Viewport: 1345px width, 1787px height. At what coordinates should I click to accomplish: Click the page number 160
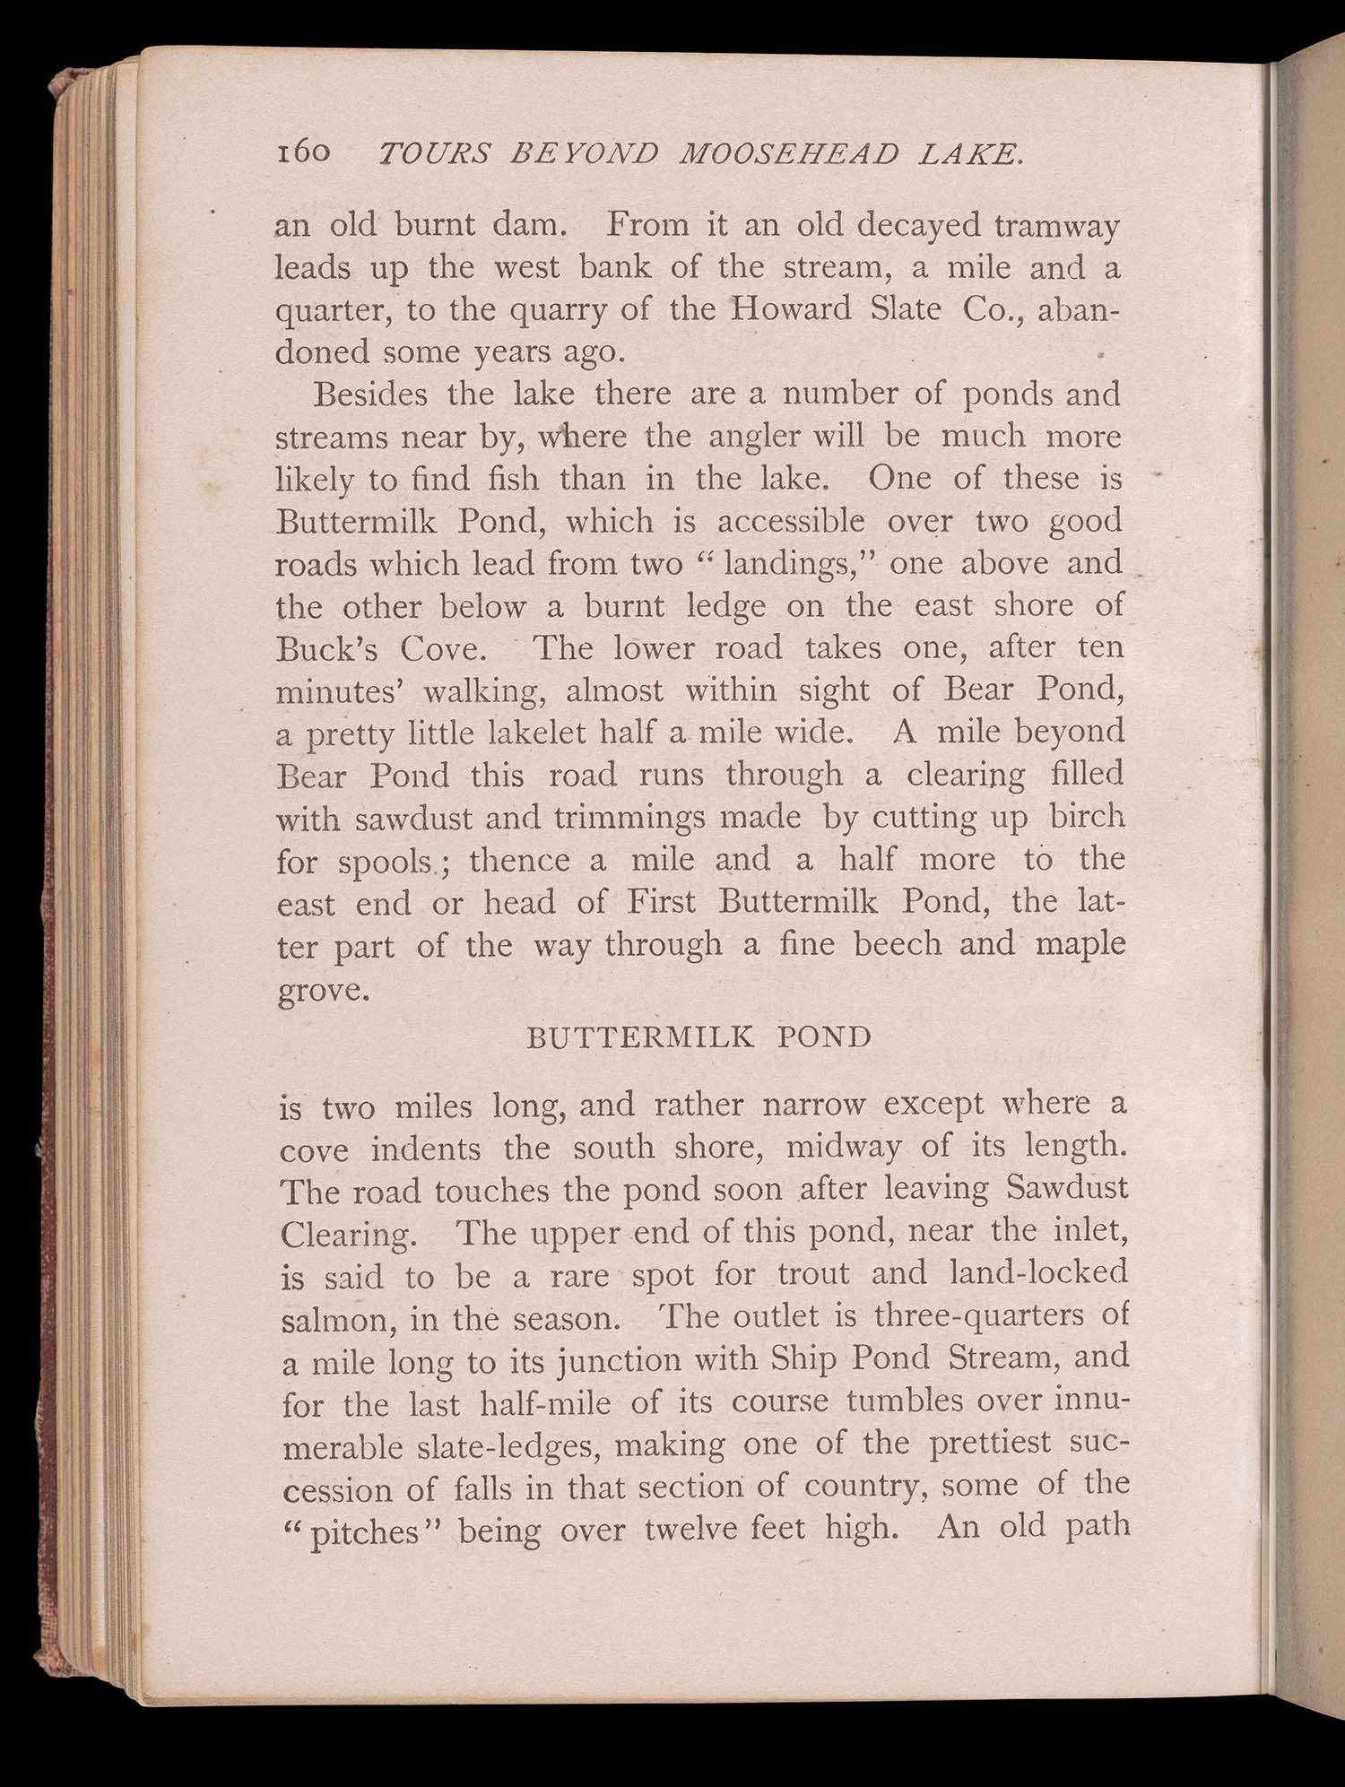click(x=304, y=153)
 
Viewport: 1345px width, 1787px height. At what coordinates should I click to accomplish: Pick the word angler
click(x=754, y=438)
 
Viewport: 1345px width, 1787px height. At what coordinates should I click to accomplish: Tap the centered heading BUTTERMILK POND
click(x=699, y=1037)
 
